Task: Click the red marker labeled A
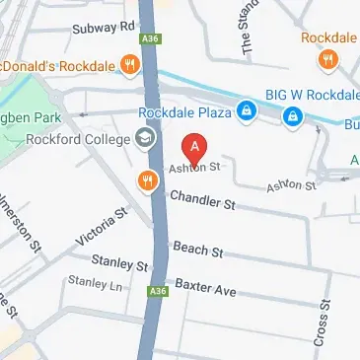[195, 149]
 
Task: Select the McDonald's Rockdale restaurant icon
[128, 67]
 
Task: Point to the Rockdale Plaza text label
[185, 113]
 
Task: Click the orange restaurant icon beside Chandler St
[147, 180]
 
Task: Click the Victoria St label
[102, 226]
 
